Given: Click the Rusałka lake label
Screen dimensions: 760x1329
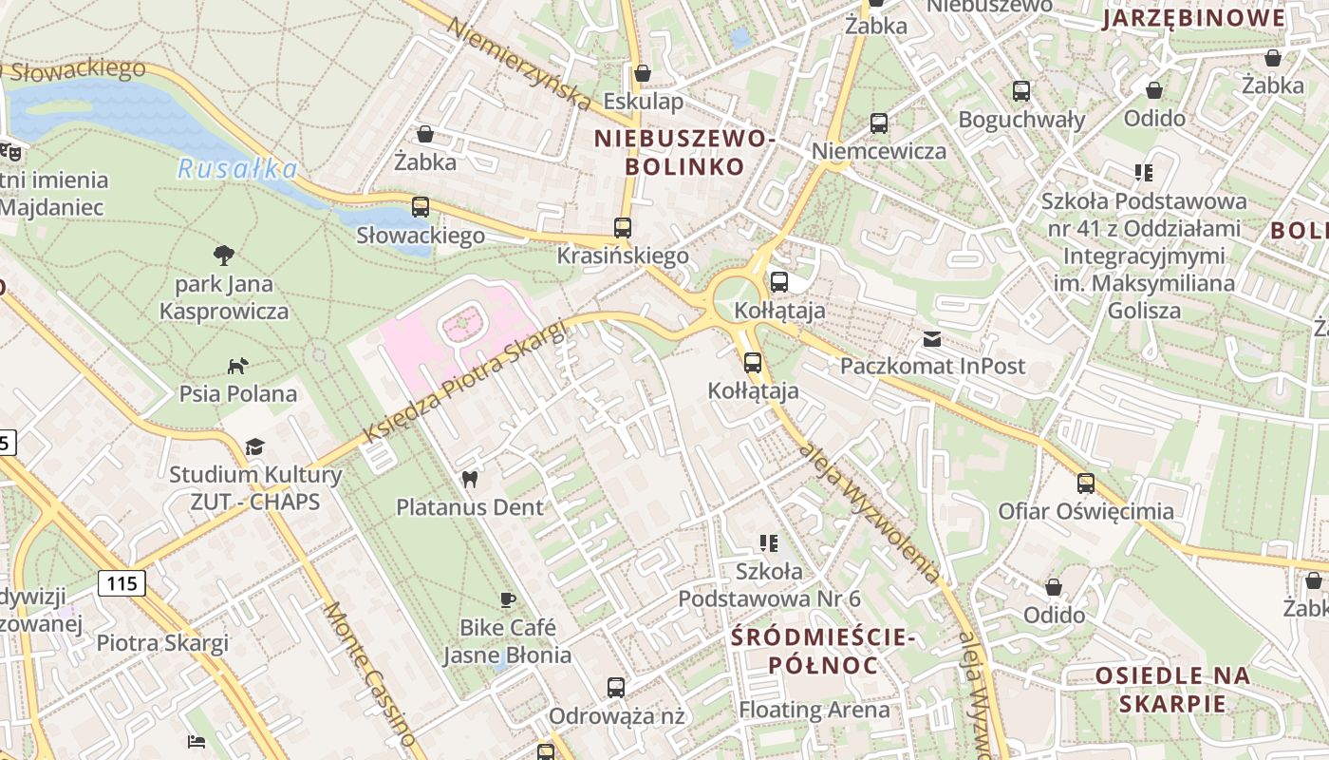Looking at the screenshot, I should [237, 169].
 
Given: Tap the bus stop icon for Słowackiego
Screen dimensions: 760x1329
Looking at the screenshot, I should [421, 206].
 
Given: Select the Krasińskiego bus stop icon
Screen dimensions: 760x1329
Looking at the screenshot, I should [623, 227].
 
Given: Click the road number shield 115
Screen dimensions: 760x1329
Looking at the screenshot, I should [122, 583].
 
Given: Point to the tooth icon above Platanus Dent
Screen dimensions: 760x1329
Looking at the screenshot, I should [469, 479].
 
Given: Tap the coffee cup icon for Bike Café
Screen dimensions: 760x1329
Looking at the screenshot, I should [508, 599].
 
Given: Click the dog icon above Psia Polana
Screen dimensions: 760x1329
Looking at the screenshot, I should [237, 366].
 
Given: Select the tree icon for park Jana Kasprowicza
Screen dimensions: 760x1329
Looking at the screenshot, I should [224, 255].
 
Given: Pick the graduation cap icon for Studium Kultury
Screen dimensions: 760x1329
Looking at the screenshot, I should [254, 446].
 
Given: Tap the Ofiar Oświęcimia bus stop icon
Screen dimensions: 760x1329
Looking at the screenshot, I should [1086, 483].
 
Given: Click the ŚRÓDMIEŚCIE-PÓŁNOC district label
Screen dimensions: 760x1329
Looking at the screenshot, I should [823, 651].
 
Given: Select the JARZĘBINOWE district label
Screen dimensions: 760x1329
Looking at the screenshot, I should [1193, 18].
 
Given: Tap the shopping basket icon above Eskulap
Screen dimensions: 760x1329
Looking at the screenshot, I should [643, 73].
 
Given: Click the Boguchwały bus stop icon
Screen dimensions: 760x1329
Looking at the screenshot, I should [1021, 91].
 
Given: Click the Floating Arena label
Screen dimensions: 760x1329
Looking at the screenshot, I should [814, 710].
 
